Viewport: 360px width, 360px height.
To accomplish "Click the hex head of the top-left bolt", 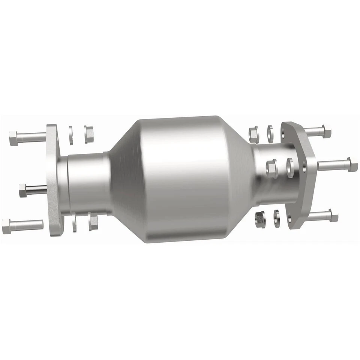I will pyautogui.click(x=13, y=138).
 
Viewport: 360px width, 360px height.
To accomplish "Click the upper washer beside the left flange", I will pyautogui.click(x=70, y=135).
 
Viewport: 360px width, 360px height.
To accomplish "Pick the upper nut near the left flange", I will pyautogui.click(x=88, y=134).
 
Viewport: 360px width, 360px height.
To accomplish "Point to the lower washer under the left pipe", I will pyautogui.click(x=74, y=222).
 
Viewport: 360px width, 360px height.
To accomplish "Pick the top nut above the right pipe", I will pyautogui.click(x=253, y=134).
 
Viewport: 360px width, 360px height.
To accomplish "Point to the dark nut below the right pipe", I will pyautogui.click(x=259, y=218).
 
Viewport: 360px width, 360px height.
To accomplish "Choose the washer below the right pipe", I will pyautogui.click(x=277, y=219).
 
